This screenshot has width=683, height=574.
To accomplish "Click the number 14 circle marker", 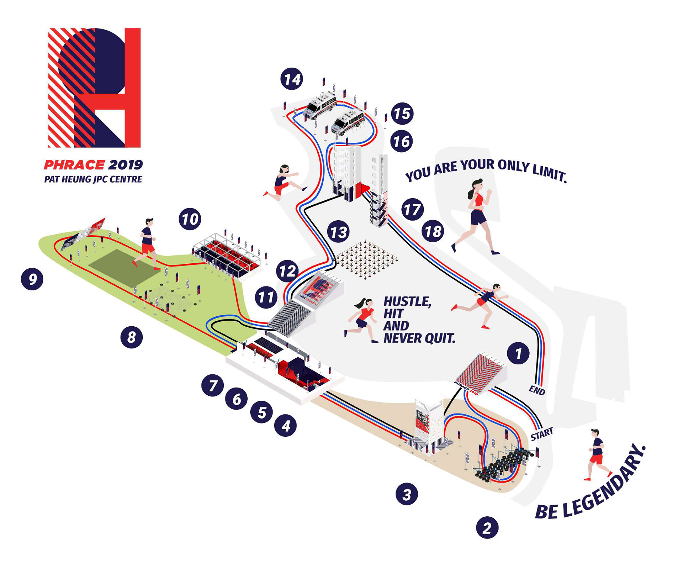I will click(x=292, y=79).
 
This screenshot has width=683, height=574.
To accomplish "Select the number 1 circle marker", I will click(x=518, y=353).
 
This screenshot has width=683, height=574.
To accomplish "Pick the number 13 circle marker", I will click(x=338, y=232).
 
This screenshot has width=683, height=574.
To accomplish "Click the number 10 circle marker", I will click(x=190, y=219).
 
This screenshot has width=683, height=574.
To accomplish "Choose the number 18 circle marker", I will click(x=433, y=231).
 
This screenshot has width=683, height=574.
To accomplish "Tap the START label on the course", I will click(x=542, y=434).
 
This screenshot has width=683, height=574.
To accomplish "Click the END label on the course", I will click(x=537, y=390).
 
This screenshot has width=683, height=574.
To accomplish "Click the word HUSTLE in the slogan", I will click(x=407, y=302).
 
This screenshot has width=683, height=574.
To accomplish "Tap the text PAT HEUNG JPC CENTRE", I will click(x=93, y=179).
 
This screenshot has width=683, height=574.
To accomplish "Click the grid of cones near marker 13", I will click(x=366, y=259).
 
